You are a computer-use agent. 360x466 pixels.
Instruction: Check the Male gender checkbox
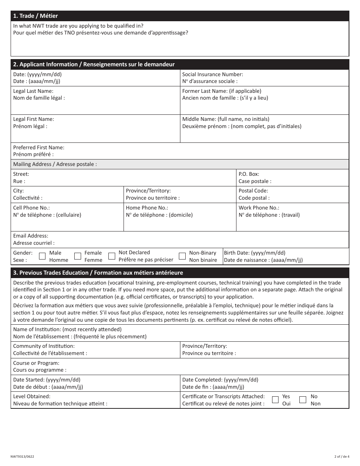pos(42,256)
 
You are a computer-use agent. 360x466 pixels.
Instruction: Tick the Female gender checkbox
pos(78,256)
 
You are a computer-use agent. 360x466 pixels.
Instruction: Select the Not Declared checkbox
pos(112,256)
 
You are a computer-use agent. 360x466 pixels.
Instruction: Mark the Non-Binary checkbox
pos(182,256)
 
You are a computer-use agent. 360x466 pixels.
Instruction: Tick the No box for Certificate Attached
pos(303,400)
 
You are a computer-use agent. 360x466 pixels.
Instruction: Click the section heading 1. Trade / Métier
pos(36,16)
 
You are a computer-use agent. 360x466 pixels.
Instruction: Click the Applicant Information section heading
pos(94,64)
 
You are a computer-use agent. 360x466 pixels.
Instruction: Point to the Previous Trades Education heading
pos(98,273)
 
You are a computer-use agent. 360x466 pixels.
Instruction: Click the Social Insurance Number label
pos(213,75)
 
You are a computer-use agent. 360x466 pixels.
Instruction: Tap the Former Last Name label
pos(222,91)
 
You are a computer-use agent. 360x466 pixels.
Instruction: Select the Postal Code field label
pos(253,191)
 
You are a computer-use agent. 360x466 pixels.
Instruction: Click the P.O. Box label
pos(249,174)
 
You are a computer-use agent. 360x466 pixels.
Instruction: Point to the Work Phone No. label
pos(259,208)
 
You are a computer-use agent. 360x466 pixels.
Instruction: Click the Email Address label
pos(31,236)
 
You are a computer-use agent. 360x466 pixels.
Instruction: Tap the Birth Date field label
pos(255,253)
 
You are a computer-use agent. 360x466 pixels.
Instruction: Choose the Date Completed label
pos(220,380)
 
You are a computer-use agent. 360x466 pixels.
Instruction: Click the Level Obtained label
pos(32,396)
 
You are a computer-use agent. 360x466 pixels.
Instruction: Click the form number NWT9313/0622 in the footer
pos(25,457)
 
